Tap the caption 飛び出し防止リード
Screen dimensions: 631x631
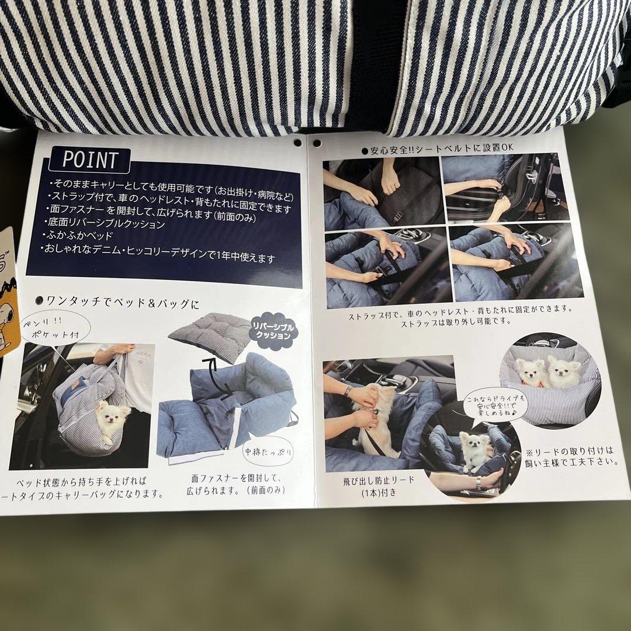coord(379,480)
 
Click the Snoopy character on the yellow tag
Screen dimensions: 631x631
coord(6,316)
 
